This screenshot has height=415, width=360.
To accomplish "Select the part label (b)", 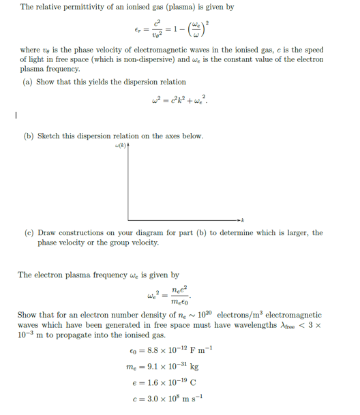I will [29, 136].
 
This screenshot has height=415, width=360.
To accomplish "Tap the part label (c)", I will [29, 233].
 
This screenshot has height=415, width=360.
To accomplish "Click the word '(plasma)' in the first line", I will [178, 7].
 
